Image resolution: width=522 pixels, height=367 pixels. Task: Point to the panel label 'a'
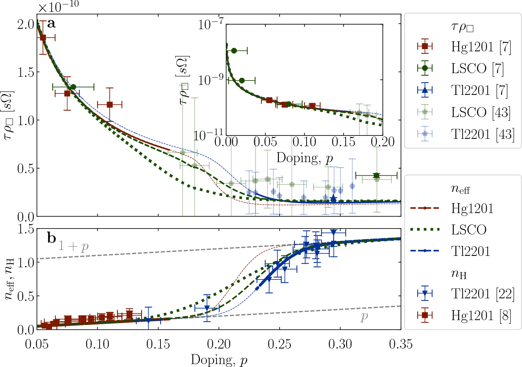coord(51,24)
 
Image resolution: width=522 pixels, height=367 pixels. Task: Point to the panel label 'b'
coord(51,238)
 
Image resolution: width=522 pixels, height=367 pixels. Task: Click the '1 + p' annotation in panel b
coord(73,246)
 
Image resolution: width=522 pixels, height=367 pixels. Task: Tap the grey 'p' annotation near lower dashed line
coord(364,316)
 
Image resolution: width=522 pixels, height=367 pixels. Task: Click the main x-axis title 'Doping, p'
coord(219,360)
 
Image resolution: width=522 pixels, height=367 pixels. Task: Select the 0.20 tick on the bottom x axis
coord(219,344)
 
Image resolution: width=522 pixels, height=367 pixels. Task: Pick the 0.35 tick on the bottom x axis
coord(401,344)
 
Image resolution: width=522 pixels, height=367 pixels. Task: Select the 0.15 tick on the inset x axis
coord(343,142)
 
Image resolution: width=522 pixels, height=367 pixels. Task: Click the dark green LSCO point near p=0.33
coord(376,175)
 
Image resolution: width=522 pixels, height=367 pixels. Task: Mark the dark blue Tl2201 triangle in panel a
coord(333,199)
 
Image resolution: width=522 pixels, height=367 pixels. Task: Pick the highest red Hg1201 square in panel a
coord(43,37)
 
